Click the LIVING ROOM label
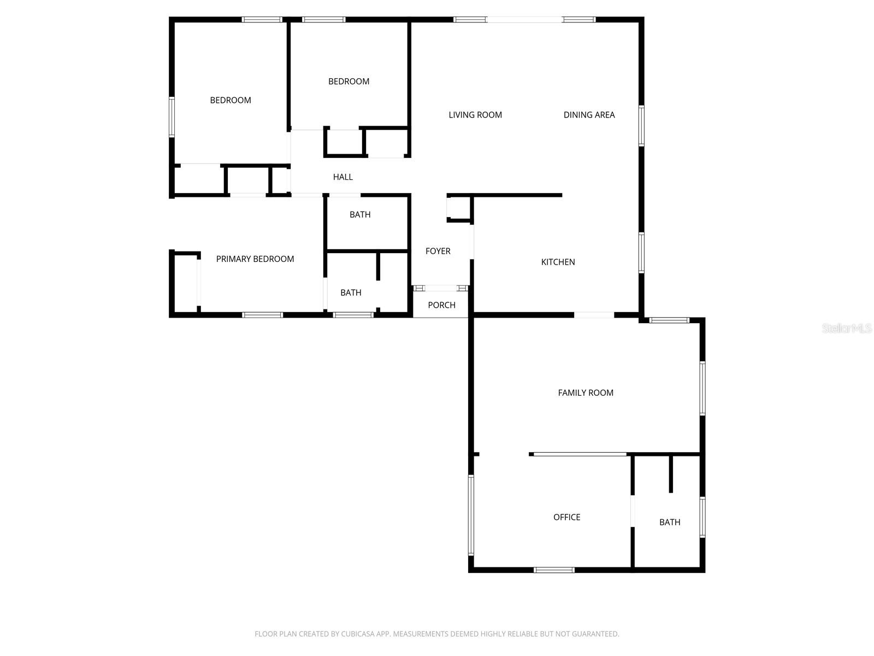pos(475,115)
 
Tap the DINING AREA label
pos(589,115)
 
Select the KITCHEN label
pos(558,262)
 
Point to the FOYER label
pos(438,251)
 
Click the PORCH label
pos(441,305)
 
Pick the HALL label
pos(342,177)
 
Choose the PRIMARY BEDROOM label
pos(255,259)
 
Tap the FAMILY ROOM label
pos(586,393)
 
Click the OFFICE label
pos(566,517)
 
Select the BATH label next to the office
pos(670,522)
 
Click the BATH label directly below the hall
pos(360,215)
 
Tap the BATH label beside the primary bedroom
pos(351,293)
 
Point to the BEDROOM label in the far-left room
pos(231,100)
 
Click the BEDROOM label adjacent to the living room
pos(349,81)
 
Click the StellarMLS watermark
pos(846,329)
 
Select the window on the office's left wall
pos(471,515)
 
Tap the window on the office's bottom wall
pos(554,570)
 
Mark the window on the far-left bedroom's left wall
pos(172,116)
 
